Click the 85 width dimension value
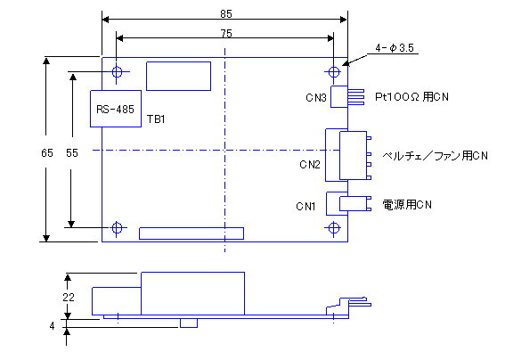point(226,14)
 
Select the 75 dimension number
point(226,34)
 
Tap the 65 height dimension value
point(47,152)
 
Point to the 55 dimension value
point(72,152)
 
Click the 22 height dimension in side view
point(69,297)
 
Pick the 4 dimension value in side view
point(53,326)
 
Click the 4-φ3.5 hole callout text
point(395,48)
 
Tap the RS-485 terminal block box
point(116,109)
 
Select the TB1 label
point(156,119)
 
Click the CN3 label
point(316,98)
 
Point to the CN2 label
point(310,165)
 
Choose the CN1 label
point(306,206)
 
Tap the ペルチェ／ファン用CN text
point(436,156)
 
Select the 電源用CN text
point(407,205)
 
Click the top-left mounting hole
point(117,72)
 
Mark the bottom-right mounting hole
point(334,228)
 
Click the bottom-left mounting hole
point(117,228)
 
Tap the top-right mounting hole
point(334,72)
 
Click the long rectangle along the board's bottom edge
point(191,233)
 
